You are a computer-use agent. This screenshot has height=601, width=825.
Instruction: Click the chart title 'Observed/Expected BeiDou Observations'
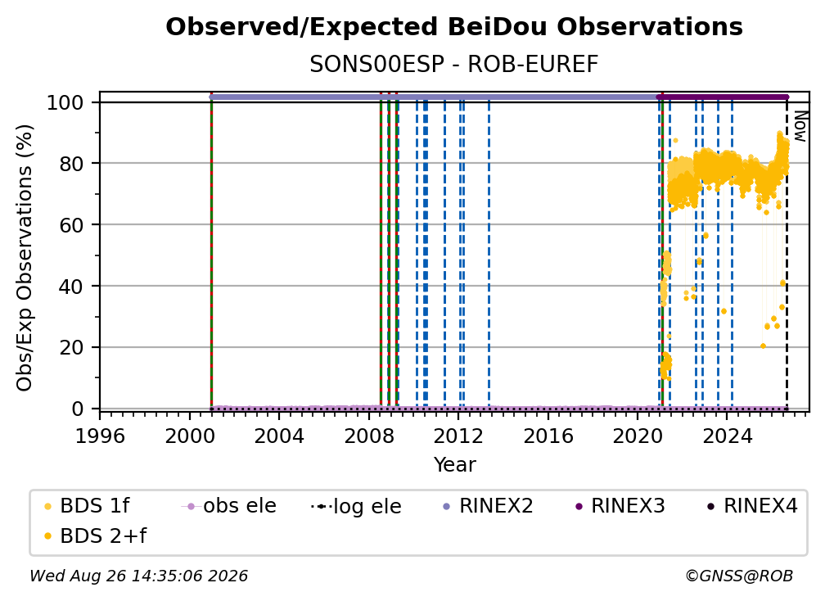[454, 27]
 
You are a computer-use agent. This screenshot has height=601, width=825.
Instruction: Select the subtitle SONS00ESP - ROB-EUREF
[454, 65]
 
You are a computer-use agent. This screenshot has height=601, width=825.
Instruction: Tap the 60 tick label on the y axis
[71, 224]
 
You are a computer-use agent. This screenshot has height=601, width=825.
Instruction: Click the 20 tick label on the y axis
[71, 347]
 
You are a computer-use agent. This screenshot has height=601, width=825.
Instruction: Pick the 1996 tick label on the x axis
[100, 436]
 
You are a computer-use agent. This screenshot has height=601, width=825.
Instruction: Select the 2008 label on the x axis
[369, 436]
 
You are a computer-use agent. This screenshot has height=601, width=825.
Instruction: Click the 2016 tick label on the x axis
[548, 436]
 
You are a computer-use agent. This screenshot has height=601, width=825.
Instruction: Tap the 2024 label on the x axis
[727, 436]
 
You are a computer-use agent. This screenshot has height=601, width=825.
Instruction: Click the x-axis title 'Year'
[454, 465]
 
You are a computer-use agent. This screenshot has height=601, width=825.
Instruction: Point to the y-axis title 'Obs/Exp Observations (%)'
[25, 258]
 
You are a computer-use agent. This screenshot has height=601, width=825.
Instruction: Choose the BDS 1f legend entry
[87, 506]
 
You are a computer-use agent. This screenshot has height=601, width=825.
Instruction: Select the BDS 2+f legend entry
[95, 535]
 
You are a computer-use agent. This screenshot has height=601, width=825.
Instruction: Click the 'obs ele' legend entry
[228, 506]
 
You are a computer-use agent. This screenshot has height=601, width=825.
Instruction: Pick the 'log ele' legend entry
[356, 506]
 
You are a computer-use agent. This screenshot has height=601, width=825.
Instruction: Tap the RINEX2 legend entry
[488, 506]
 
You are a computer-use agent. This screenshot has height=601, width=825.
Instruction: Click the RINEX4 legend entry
[752, 506]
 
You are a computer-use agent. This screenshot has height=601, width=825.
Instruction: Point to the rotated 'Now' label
[800, 126]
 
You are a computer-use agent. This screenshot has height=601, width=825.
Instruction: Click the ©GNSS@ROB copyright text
[739, 576]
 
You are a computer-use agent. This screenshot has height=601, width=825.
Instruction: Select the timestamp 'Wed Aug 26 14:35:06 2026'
[138, 576]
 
